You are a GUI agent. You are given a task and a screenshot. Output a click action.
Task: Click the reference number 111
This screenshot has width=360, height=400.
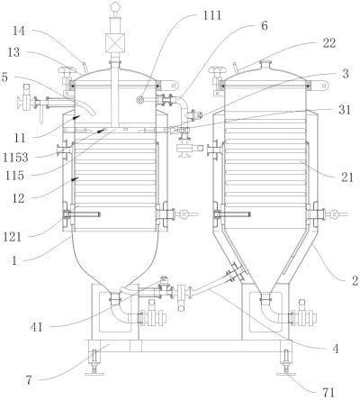[211, 15]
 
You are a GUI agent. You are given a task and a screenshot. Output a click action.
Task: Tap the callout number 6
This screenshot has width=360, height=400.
[264, 26]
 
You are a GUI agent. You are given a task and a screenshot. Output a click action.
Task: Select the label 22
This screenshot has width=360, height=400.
[328, 43]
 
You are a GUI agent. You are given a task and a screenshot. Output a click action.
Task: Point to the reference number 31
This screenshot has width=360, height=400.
[345, 110]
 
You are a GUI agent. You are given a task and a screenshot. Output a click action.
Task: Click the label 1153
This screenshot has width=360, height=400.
[15, 158]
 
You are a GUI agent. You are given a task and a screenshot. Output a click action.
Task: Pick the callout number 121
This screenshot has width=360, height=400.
[13, 237]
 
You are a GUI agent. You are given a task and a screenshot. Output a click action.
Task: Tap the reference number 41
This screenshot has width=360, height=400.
[37, 327]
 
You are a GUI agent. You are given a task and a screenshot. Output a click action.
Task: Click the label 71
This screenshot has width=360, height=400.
[328, 393]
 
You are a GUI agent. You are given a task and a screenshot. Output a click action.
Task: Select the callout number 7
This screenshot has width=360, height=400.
[28, 381]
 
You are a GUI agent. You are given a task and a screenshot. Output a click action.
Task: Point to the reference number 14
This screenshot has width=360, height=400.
[19, 31]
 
